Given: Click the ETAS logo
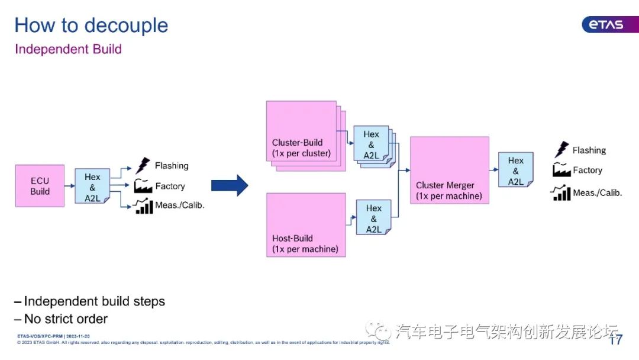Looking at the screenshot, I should point(602,24).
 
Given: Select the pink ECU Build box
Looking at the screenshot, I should point(40,186).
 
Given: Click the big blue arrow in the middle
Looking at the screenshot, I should point(230,185).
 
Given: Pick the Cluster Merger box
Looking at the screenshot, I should point(449,170).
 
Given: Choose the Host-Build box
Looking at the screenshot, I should point(305,224).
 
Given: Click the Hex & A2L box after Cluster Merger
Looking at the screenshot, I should point(515,171).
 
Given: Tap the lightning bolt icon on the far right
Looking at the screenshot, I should point(561,150).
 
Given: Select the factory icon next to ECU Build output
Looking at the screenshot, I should point(143,186).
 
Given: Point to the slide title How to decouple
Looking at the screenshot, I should point(91,25).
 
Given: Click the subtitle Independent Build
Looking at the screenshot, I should point(68,49).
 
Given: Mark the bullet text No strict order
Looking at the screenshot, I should point(66,319).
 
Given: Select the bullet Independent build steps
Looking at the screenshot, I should point(94,301).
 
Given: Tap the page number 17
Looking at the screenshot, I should point(616,340).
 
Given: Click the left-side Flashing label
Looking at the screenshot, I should point(172,166).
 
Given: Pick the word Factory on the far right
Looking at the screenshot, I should point(587,171).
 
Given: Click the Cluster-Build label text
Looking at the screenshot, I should point(297,143).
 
